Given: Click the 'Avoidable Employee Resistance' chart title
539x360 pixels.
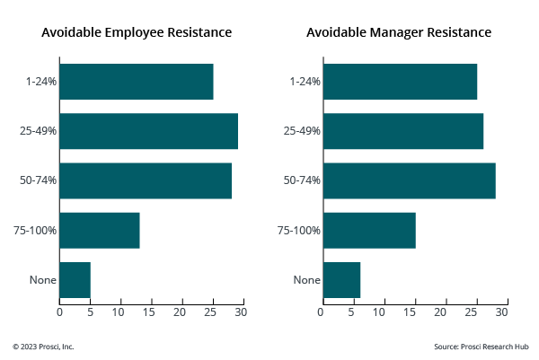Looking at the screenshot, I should point(137,32).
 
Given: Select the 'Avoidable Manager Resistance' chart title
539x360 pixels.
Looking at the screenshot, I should point(399,32).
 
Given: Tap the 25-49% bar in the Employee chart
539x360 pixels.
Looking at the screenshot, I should point(149,131).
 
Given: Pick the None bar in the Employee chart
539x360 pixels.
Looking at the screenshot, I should point(75,279).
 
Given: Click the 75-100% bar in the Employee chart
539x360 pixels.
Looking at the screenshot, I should point(100,230).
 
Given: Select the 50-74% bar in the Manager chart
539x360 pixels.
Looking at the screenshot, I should point(409,180).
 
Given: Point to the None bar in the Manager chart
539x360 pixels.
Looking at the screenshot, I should point(341,279).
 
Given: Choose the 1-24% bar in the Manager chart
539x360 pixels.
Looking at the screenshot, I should point(400,82).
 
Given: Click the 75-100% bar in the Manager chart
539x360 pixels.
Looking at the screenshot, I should point(369,230).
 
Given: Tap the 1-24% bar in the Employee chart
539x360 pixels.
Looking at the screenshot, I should point(137,82).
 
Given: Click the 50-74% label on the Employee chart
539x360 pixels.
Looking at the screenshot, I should point(39,180).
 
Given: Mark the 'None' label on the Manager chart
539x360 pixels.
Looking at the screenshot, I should point(307,279).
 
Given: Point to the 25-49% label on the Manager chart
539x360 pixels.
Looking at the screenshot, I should point(303,131).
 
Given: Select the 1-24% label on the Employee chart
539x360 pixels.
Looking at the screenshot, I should point(41,82).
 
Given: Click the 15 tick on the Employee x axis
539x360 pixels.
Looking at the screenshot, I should point(152,312).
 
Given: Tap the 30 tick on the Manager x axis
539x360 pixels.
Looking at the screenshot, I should point(502,312).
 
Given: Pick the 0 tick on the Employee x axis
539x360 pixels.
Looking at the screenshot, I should point(59,312).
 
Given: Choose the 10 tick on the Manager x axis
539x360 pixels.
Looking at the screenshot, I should point(381,312).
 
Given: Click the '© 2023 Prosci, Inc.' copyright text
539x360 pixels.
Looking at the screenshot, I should point(43,347).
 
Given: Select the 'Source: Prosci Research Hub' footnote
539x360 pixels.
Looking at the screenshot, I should point(481,347).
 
